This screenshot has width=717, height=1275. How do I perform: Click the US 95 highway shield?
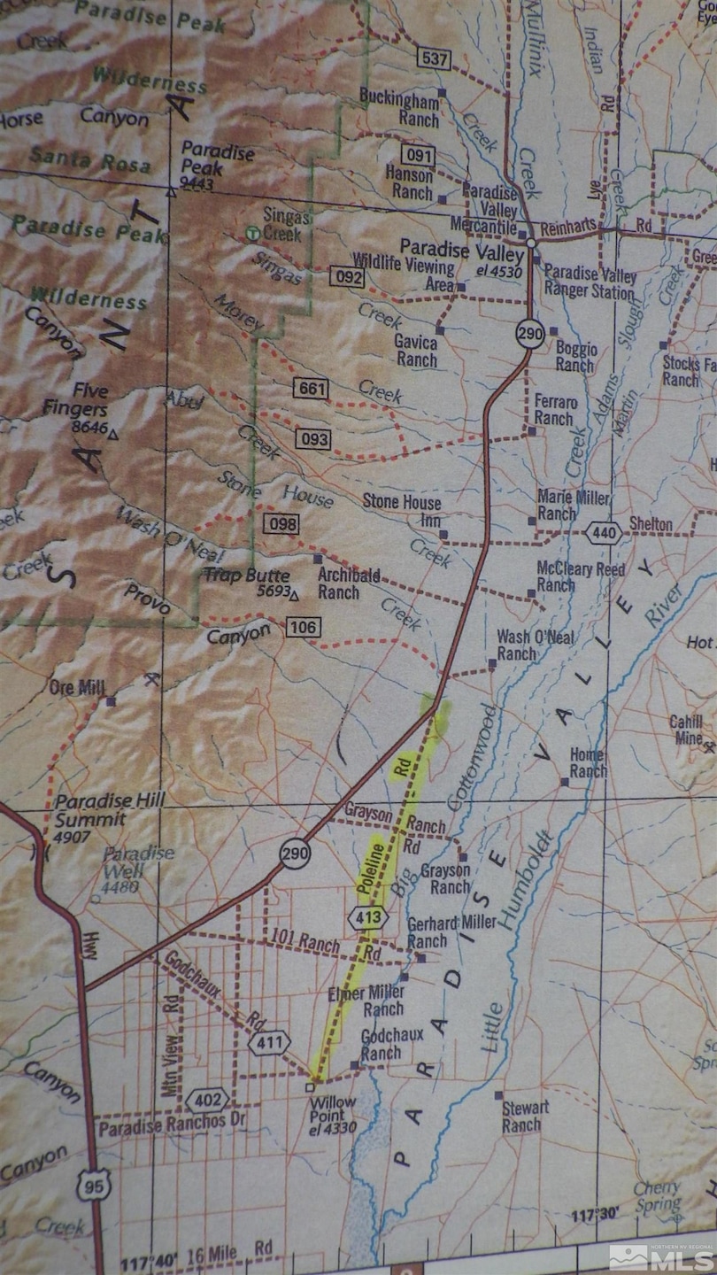pyautogui.click(x=93, y=1186)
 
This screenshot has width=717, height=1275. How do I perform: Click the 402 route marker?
pyautogui.click(x=207, y=1101)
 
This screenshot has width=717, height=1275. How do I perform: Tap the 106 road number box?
pyautogui.click(x=303, y=628)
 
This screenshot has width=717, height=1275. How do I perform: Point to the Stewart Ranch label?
pyautogui.click(x=526, y=1117)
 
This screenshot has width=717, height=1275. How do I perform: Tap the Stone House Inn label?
pyautogui.click(x=401, y=510)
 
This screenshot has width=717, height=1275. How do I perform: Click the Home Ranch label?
pyautogui.click(x=588, y=762)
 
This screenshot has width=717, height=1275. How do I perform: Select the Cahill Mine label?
pyautogui.click(x=686, y=730)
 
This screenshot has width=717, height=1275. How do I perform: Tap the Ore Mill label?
pyautogui.click(x=78, y=687)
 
